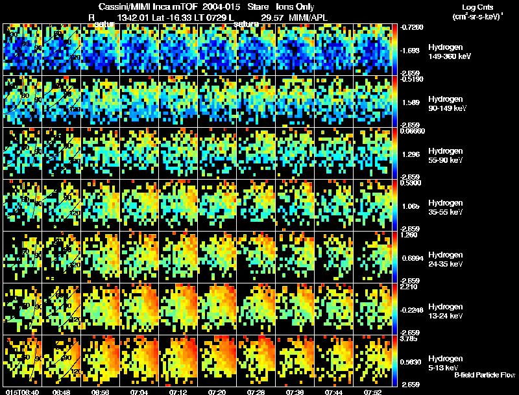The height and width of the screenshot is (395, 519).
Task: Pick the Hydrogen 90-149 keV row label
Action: (446, 104)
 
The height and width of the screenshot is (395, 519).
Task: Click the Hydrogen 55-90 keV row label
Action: (445, 156)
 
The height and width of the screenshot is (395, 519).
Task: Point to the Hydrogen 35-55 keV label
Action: (445, 208)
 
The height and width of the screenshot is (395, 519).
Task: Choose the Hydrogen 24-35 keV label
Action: (445, 259)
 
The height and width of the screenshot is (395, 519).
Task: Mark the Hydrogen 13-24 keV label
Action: (445, 311)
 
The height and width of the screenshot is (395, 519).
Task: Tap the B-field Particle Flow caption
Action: (485, 376)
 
